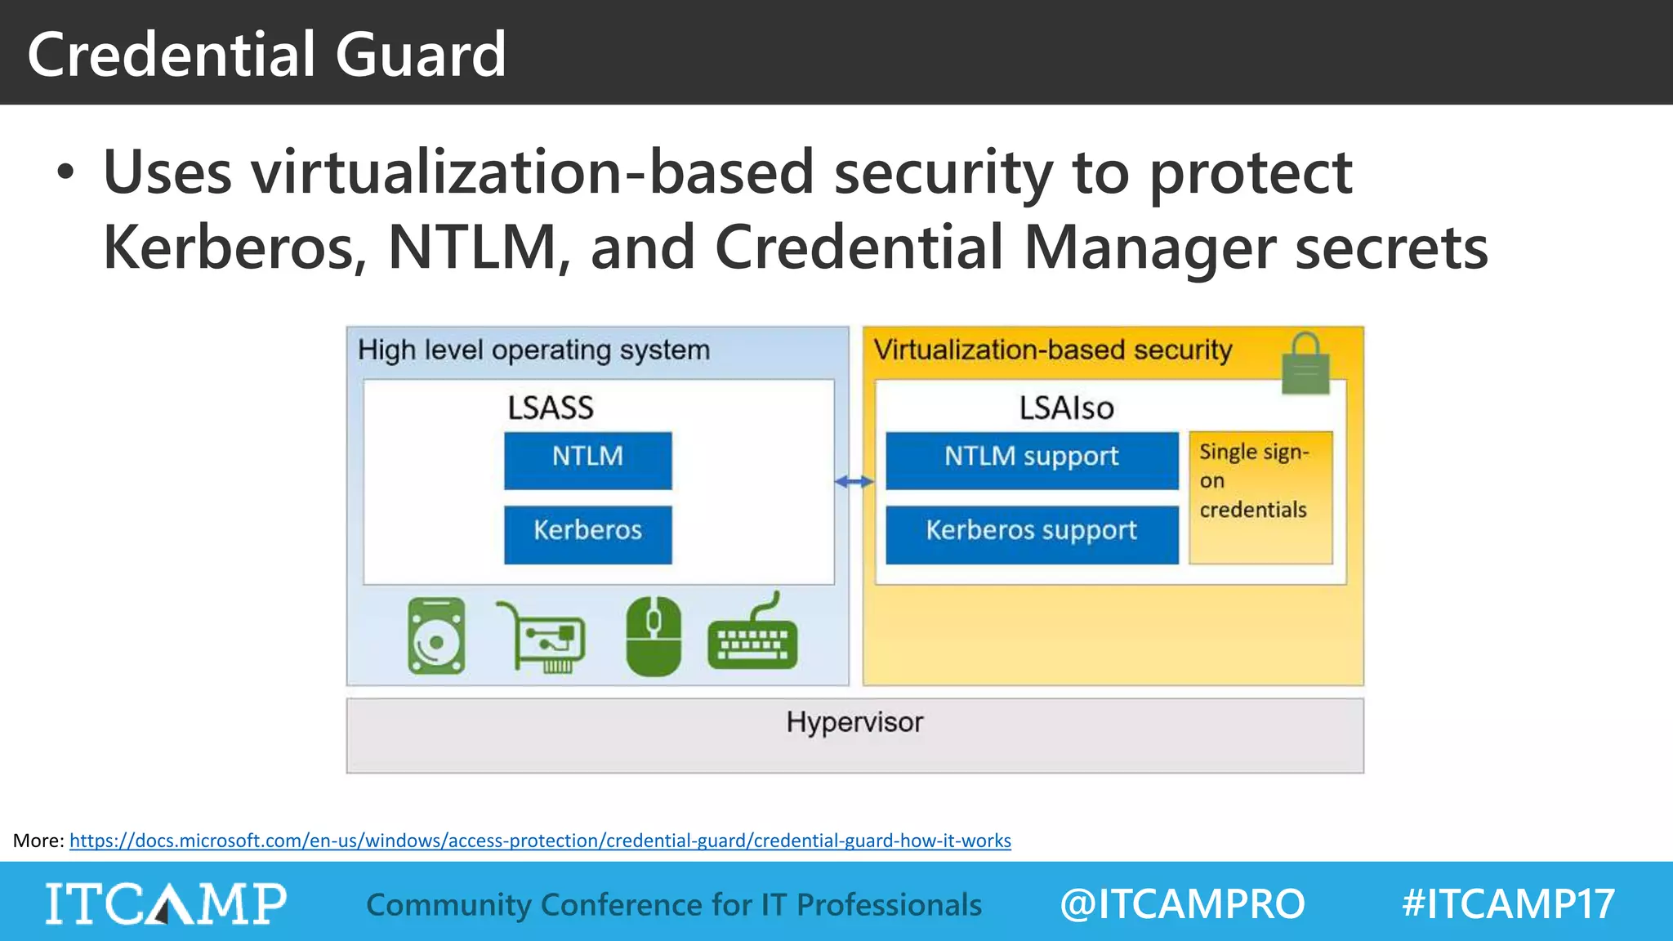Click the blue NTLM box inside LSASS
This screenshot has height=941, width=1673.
[587, 460]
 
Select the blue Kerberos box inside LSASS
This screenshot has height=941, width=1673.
[587, 534]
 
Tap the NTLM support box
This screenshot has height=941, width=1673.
[1032, 460]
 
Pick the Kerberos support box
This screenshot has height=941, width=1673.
[1032, 534]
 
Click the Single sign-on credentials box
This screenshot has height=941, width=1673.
[1260, 497]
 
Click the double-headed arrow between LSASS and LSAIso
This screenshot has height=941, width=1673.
[854, 482]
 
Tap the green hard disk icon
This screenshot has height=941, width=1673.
[437, 636]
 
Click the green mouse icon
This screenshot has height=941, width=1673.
[654, 636]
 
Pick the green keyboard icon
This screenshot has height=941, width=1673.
[752, 637]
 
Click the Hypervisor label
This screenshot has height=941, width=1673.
[854, 722]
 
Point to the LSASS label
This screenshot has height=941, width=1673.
[551, 408]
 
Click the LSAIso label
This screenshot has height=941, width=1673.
[1066, 408]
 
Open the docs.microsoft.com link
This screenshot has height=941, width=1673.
[540, 841]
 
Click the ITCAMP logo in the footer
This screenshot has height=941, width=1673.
[166, 903]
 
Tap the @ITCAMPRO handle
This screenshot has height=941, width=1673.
[1182, 904]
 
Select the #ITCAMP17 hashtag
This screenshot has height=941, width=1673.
[1508, 904]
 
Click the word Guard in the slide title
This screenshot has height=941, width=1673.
[421, 54]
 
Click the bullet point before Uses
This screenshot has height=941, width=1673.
[65, 173]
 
